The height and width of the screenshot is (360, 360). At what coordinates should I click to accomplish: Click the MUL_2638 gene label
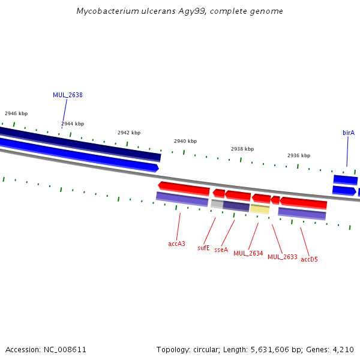tap(68, 95)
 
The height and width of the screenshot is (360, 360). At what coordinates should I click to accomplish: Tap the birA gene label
tap(349, 133)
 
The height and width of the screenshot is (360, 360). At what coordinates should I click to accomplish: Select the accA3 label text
tap(176, 244)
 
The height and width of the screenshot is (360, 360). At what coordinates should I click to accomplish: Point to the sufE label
tap(203, 248)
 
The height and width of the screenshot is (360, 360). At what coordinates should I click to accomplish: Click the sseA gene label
tap(221, 250)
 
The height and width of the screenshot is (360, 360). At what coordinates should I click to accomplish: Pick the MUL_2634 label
tap(248, 253)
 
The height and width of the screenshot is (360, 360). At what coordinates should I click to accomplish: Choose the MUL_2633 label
tap(283, 257)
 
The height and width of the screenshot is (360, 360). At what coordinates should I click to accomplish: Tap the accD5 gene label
tap(309, 259)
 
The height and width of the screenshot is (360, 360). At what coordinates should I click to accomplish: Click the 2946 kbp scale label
tap(16, 113)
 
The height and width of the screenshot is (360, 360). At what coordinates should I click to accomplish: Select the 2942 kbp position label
tap(129, 133)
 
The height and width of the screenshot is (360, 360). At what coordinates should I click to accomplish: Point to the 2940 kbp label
tap(185, 141)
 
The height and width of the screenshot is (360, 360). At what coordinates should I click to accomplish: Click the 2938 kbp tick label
tap(242, 149)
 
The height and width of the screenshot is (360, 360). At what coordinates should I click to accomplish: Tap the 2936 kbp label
tap(299, 155)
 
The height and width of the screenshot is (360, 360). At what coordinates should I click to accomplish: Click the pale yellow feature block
tap(260, 209)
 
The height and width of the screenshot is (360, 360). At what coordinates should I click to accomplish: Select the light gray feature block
tap(217, 204)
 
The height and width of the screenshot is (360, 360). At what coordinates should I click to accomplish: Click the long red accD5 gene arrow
tap(303, 203)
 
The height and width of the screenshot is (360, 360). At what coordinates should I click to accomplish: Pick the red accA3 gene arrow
tap(184, 188)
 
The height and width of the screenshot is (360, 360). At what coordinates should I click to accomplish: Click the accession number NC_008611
tap(65, 350)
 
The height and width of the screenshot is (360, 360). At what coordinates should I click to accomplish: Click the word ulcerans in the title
tap(158, 11)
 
